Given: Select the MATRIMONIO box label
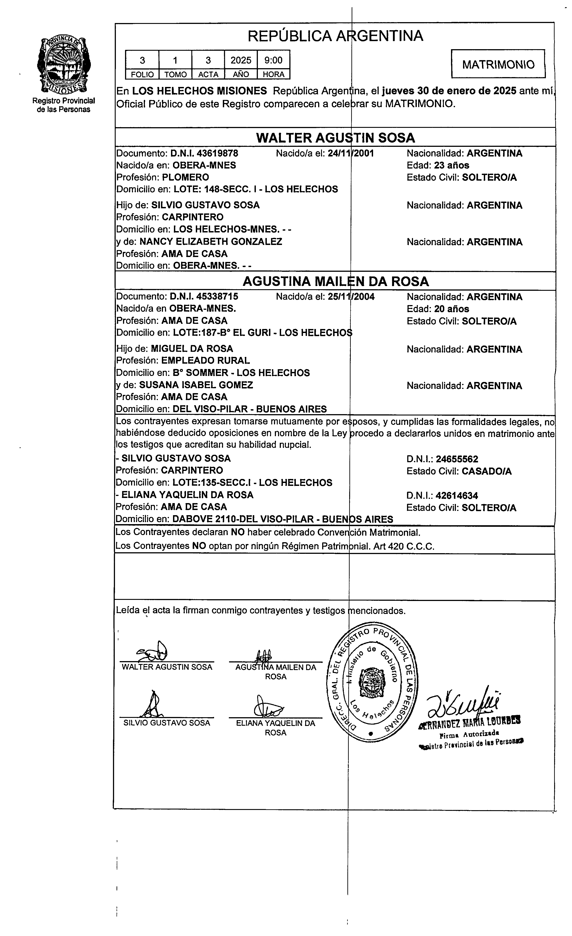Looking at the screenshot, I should pyautogui.click(x=498, y=64).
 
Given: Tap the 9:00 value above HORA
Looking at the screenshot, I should pyautogui.click(x=273, y=60).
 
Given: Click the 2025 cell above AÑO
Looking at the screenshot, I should pyautogui.click(x=241, y=60).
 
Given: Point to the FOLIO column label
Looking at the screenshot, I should pyautogui.click(x=142, y=74).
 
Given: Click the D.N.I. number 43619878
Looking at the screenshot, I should pyautogui.click(x=204, y=154).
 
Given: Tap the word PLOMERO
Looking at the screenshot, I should pyautogui.click(x=186, y=177).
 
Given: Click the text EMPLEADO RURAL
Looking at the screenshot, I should pyautogui.click(x=205, y=360).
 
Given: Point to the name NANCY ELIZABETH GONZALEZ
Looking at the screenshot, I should pyautogui.click(x=211, y=242).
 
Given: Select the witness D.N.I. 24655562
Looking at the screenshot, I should pyautogui.click(x=457, y=459).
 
